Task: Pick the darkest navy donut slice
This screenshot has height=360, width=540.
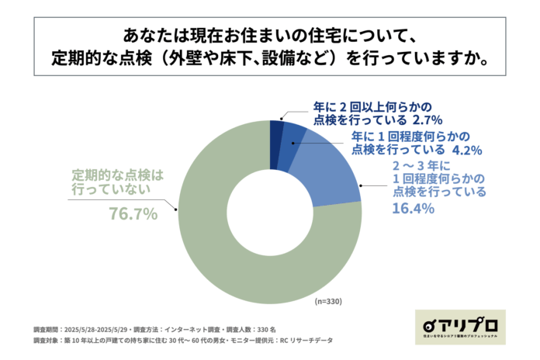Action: (275, 133)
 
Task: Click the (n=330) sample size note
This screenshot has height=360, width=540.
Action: (327, 301)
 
